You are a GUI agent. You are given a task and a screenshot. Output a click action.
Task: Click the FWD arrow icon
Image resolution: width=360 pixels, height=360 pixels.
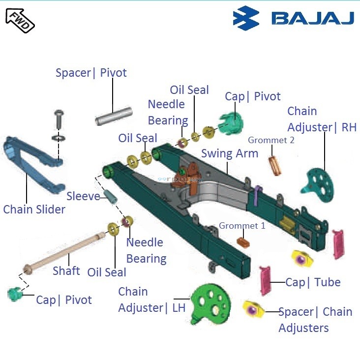click(x=20, y=20)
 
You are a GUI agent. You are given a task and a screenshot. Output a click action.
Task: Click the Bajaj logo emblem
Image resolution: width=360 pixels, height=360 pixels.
click(x=246, y=18)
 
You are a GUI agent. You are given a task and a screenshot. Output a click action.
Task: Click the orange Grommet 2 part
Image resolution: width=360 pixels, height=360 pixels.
click(x=275, y=164)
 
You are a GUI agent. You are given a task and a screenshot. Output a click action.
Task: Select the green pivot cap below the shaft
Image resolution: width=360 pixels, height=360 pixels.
click(x=15, y=295)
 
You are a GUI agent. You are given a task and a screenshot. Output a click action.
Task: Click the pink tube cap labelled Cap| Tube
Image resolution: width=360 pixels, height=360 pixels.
click(x=266, y=281)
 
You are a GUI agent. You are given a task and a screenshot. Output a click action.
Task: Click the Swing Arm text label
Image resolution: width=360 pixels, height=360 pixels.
click(x=230, y=153)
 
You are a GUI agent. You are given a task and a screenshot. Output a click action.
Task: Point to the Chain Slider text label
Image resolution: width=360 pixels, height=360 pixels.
click(x=34, y=210)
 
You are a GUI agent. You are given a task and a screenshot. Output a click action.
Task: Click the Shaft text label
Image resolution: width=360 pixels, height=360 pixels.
click(x=66, y=271)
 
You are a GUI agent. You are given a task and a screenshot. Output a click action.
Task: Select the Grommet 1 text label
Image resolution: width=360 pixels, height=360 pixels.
click(x=242, y=226)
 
